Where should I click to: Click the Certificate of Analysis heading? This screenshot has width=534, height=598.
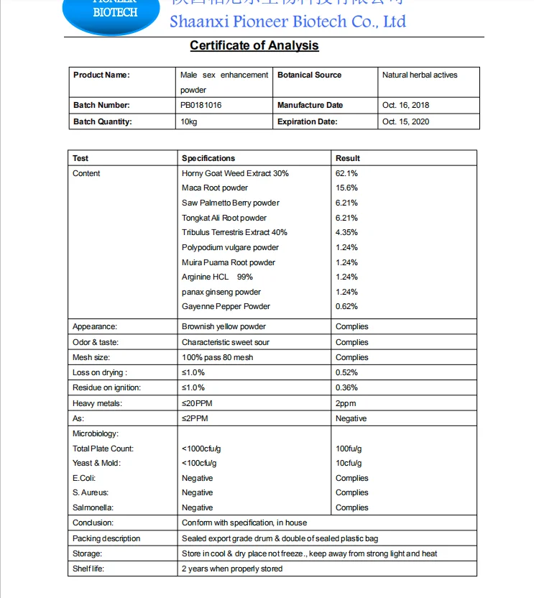(x=254, y=46)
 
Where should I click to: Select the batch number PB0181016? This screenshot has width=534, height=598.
(x=201, y=105)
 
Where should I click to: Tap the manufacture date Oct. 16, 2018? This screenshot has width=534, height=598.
(x=405, y=105)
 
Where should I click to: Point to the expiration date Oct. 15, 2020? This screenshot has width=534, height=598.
(x=405, y=121)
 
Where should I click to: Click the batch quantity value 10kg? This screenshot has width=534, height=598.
(x=189, y=121)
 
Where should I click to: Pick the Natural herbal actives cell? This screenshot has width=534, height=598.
(x=420, y=75)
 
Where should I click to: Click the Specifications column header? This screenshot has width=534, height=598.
(x=208, y=158)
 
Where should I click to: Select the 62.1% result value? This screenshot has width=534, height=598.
(x=346, y=173)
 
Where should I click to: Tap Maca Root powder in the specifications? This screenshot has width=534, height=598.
(x=215, y=188)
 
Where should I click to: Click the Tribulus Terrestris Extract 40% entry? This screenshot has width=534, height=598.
(x=234, y=232)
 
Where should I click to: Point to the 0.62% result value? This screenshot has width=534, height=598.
(x=346, y=306)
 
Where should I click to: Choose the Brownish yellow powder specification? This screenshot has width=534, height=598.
(x=224, y=326)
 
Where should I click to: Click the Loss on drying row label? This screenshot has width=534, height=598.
(x=99, y=372)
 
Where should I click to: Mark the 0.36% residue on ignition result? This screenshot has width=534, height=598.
(x=346, y=387)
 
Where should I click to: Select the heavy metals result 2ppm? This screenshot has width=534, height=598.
(x=346, y=403)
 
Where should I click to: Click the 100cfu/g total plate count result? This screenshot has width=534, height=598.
(x=349, y=448)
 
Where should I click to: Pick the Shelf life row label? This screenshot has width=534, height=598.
(x=88, y=569)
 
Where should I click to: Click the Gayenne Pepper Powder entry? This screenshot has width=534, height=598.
(x=226, y=306)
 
